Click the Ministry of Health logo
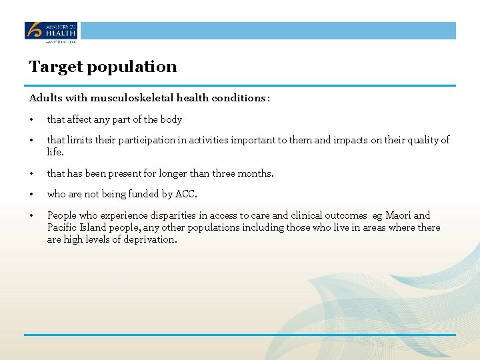[x=51, y=31]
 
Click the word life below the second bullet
[x=55, y=151]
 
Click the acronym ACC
[x=185, y=195]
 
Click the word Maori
[x=399, y=215]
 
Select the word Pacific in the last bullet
[x=63, y=227]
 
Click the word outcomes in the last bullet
[x=345, y=215]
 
